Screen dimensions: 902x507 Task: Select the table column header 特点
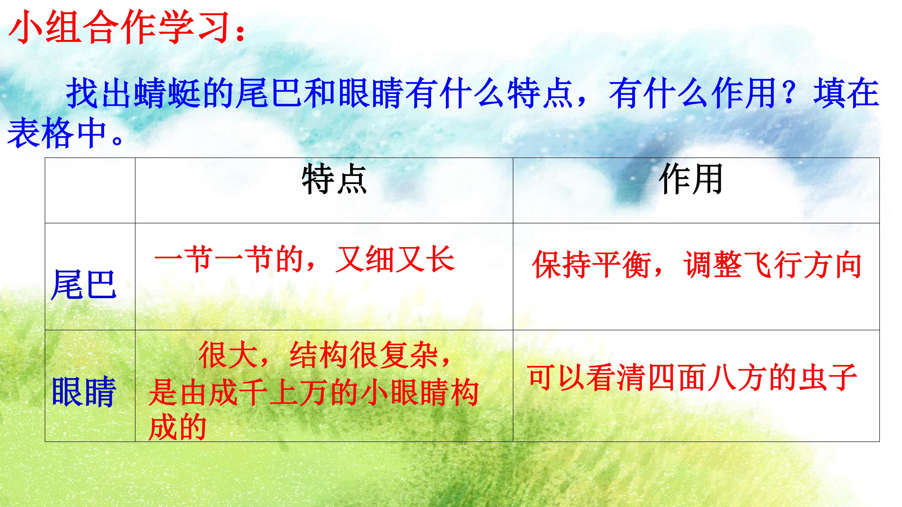tap(334, 180)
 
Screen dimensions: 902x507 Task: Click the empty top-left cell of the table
tap(90, 190)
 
